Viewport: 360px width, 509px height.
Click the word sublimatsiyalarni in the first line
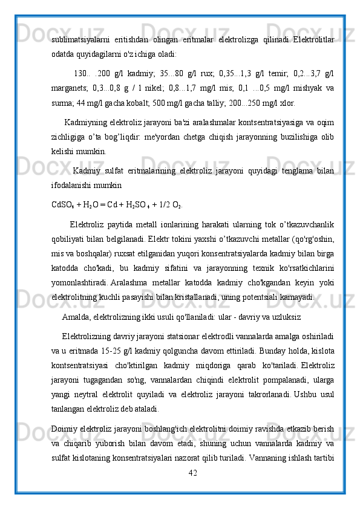[79, 39]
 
